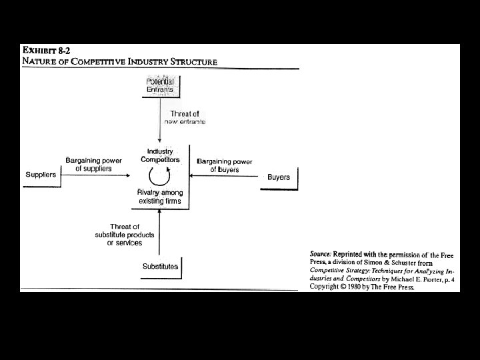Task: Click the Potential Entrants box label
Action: [x=160, y=85]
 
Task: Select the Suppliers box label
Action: [x=41, y=174]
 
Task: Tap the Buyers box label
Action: [x=279, y=177]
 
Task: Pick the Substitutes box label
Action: [x=160, y=267]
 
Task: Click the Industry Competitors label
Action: [x=160, y=155]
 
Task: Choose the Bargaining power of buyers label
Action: [x=225, y=165]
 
